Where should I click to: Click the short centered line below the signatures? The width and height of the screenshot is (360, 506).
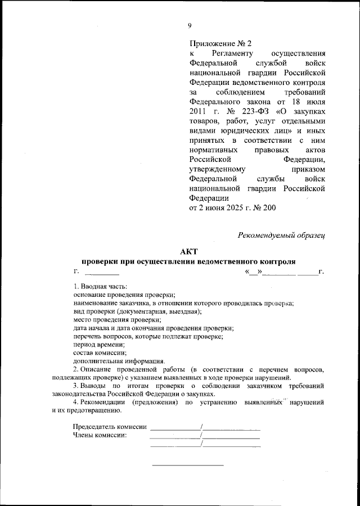tap(188, 465)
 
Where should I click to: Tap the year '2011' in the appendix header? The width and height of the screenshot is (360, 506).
tap(200, 114)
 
